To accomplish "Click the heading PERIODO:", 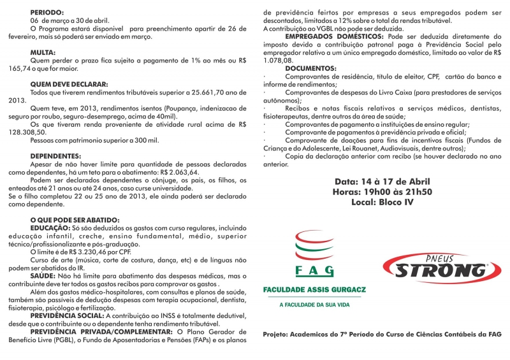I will click(47, 12).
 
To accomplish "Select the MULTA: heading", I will click(43, 52).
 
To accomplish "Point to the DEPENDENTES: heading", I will click(55, 155).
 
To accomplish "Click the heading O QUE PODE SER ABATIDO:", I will click(75, 220).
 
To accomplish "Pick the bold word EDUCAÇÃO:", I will click(50, 227).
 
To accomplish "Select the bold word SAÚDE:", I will click(43, 275).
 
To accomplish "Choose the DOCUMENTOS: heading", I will click(310, 68).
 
